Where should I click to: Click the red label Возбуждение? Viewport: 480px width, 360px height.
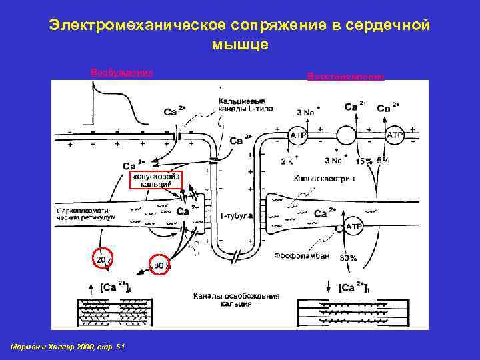pos(121,72)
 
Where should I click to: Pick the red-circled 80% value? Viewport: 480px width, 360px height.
pos(161,265)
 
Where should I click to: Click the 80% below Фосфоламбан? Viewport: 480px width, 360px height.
pos(348,257)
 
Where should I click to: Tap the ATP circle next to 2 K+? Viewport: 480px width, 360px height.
pos(297,135)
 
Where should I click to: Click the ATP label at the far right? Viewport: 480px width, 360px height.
pos(395,135)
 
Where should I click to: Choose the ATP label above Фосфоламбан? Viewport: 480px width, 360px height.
pos(353,227)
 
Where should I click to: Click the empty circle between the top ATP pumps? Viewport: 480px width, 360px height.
pos(347,135)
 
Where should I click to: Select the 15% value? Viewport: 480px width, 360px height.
pos(364,161)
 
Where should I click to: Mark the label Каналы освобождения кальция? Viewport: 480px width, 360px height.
pos(223,298)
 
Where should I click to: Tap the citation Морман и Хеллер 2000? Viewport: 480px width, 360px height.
pos(68,347)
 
